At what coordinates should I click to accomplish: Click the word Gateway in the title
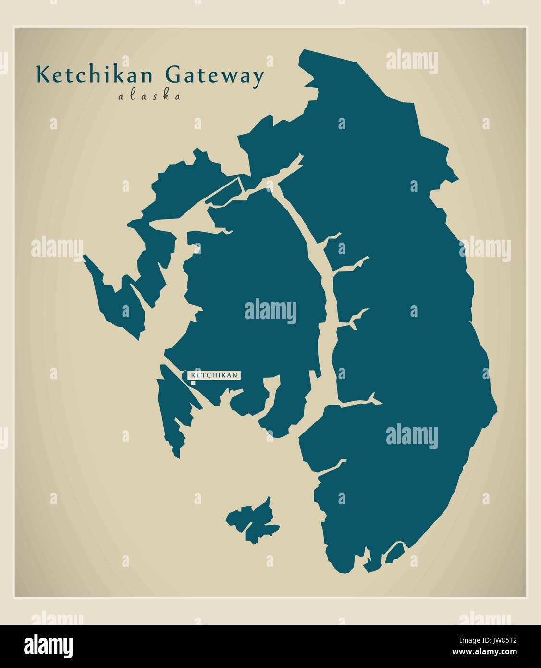215,76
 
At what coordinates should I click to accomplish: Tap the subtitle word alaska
150,96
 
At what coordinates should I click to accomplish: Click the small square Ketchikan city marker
193,383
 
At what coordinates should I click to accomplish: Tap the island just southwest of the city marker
173,408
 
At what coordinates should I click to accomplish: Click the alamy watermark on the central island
270,311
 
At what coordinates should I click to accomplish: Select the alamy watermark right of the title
412,62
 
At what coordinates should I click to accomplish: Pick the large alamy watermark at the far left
57,248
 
